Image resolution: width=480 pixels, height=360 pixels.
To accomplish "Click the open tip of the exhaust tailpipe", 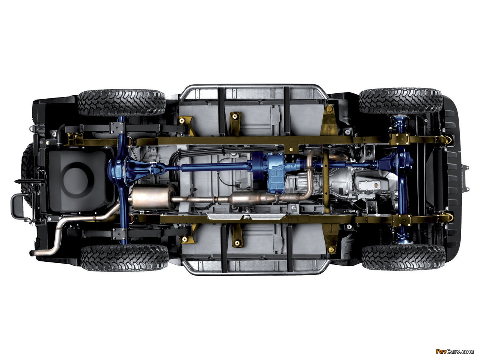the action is [x=31, y=253].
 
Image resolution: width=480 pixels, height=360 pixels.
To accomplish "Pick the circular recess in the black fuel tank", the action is [x=78, y=180].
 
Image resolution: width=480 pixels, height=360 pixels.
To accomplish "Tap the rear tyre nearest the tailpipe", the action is [x=124, y=258].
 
